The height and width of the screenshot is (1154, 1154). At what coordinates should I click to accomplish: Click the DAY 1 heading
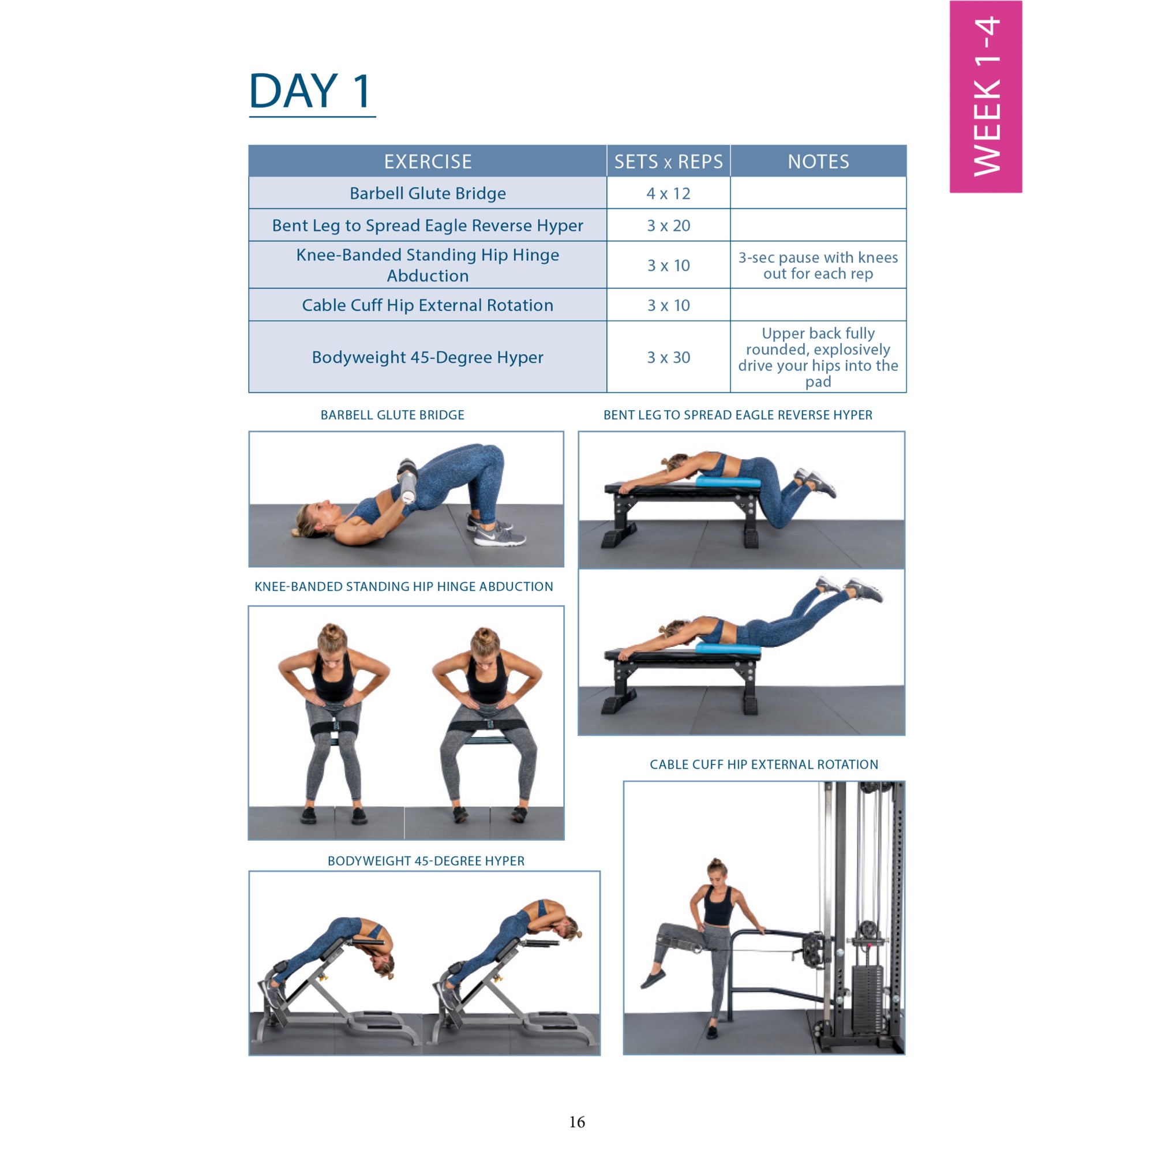[310, 91]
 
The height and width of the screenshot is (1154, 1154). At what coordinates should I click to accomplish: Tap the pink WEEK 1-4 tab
[986, 97]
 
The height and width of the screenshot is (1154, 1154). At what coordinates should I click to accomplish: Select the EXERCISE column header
[428, 162]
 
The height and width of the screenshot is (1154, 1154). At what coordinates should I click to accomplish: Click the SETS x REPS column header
[668, 162]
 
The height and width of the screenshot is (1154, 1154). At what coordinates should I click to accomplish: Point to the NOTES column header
[818, 162]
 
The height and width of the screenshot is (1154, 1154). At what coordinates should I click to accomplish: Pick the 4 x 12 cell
[668, 193]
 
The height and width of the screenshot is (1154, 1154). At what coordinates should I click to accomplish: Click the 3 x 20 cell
[668, 226]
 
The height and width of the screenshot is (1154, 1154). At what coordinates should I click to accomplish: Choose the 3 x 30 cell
[668, 357]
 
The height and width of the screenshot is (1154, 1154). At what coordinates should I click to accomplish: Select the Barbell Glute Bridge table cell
[428, 193]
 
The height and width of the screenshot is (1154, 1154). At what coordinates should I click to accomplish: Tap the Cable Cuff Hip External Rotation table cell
[428, 305]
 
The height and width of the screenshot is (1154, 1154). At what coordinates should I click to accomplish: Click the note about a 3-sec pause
[818, 265]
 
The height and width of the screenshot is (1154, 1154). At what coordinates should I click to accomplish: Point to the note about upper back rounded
[818, 357]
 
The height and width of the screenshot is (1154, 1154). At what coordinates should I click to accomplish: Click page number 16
[577, 1122]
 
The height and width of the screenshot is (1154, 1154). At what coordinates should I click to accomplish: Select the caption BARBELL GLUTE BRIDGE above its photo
[392, 415]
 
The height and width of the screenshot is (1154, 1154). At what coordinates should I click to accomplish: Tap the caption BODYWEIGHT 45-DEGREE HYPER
[426, 861]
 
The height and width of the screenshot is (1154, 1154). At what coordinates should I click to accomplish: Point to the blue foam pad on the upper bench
[728, 481]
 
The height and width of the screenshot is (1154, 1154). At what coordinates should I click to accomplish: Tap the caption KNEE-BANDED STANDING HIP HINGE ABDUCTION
[404, 587]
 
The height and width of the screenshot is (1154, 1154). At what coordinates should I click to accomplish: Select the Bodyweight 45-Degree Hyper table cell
[428, 357]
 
